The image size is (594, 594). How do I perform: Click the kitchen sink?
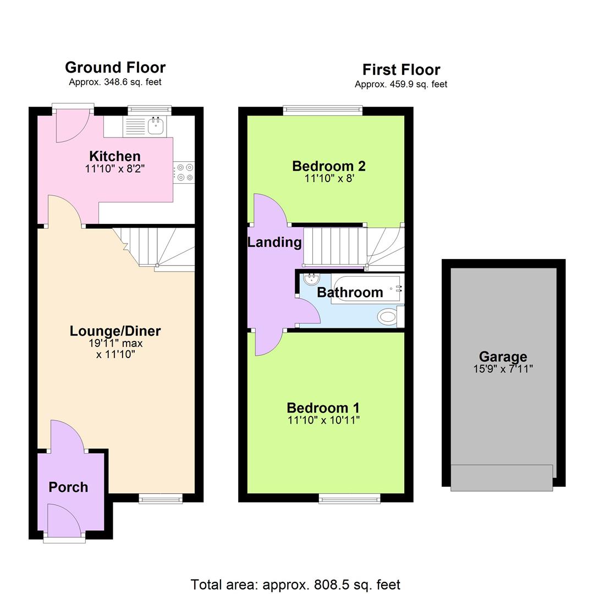coord(155,126)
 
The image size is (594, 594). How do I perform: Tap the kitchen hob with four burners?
coord(184,171)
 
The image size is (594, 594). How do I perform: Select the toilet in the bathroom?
coord(388,316)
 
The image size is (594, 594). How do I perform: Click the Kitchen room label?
coord(115,156)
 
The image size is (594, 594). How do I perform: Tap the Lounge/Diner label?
coord(115,331)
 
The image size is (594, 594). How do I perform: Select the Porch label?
coord(68,487)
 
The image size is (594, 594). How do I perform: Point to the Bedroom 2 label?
coord(329,166)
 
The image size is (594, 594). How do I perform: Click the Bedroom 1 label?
coord(323,408)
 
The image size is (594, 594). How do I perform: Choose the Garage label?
coord(503,357)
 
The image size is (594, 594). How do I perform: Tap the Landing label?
coord(274,242)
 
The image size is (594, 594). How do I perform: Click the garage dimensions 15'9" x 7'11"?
coord(503,369)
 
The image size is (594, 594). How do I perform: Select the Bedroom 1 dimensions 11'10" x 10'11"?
coord(323,421)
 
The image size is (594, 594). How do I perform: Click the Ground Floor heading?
coord(115,67)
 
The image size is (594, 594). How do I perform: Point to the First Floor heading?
coord(401,70)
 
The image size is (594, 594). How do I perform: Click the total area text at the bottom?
coord(295,584)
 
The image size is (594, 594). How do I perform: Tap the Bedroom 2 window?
coord(323,111)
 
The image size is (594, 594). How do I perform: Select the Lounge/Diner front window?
coord(160,498)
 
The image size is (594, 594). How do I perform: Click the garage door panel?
coord(502,477)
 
